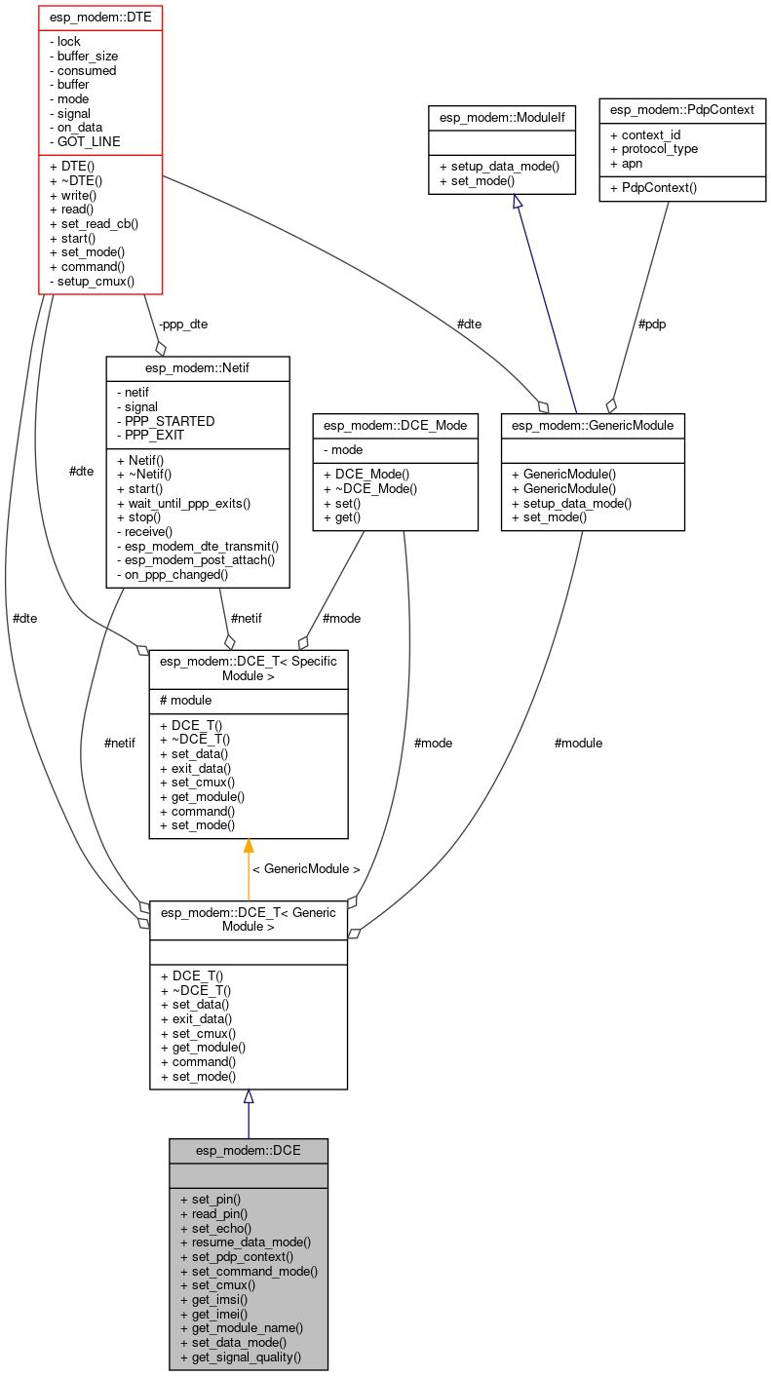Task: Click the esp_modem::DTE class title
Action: click(99, 17)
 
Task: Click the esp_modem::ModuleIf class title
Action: click(502, 117)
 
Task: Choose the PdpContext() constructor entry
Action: click(653, 187)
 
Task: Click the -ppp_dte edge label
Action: click(183, 324)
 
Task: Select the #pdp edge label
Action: click(651, 324)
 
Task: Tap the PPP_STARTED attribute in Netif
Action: click(166, 421)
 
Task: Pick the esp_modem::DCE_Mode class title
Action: click(395, 424)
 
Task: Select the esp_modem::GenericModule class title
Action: click(592, 424)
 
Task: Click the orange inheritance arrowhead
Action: click(249, 846)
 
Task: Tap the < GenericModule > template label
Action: click(306, 868)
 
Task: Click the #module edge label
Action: click(578, 743)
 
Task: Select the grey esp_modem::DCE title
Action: click(248, 1150)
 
